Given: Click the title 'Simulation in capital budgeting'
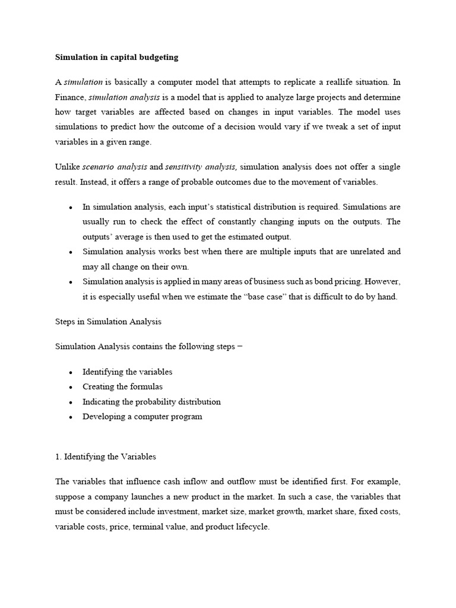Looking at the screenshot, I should (x=116, y=58).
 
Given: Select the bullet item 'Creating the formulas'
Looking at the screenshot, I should (x=122, y=387).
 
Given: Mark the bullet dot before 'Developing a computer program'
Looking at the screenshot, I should (x=71, y=417).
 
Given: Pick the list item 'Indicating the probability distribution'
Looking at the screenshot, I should (x=151, y=401).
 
